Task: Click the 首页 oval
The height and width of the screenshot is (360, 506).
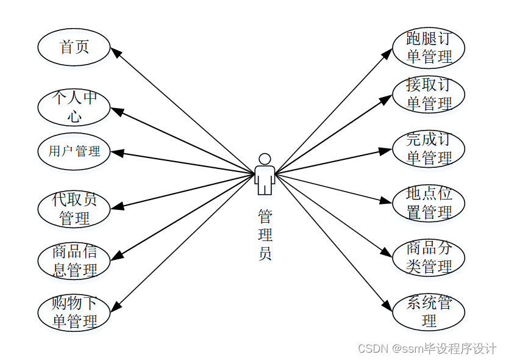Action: pyautogui.click(x=74, y=47)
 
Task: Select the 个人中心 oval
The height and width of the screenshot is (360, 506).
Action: pyautogui.click(x=74, y=107)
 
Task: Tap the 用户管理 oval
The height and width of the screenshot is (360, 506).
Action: pyautogui.click(x=74, y=151)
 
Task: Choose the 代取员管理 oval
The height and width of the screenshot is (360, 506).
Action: pyautogui.click(x=74, y=209)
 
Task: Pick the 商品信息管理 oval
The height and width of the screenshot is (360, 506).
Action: pyautogui.click(x=74, y=261)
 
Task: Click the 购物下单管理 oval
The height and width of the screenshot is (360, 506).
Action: pyautogui.click(x=74, y=312)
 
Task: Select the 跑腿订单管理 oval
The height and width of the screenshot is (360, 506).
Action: pyautogui.click(x=429, y=48)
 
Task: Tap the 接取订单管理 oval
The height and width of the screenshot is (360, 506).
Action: pyautogui.click(x=429, y=95)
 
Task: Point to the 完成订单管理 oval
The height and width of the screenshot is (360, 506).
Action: pyautogui.click(x=429, y=148)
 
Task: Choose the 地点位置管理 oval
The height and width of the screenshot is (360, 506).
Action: pyautogui.click(x=429, y=203)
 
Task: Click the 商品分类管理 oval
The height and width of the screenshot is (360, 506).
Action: pyautogui.click(x=429, y=257)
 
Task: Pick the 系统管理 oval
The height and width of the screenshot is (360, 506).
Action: pyautogui.click(x=429, y=312)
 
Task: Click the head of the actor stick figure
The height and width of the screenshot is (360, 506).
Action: pyautogui.click(x=265, y=159)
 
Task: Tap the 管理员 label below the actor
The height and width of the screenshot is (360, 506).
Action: pyautogui.click(x=265, y=235)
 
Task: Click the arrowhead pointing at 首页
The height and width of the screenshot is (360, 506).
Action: pyautogui.click(x=116, y=52)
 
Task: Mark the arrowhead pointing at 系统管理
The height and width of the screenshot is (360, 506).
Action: pyautogui.click(x=387, y=306)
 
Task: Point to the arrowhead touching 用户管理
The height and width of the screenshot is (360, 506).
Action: pyautogui.click(x=117, y=153)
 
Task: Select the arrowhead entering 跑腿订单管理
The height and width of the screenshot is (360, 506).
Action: pyautogui.click(x=387, y=54)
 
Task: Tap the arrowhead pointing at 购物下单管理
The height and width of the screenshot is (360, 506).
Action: pyautogui.click(x=116, y=306)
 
